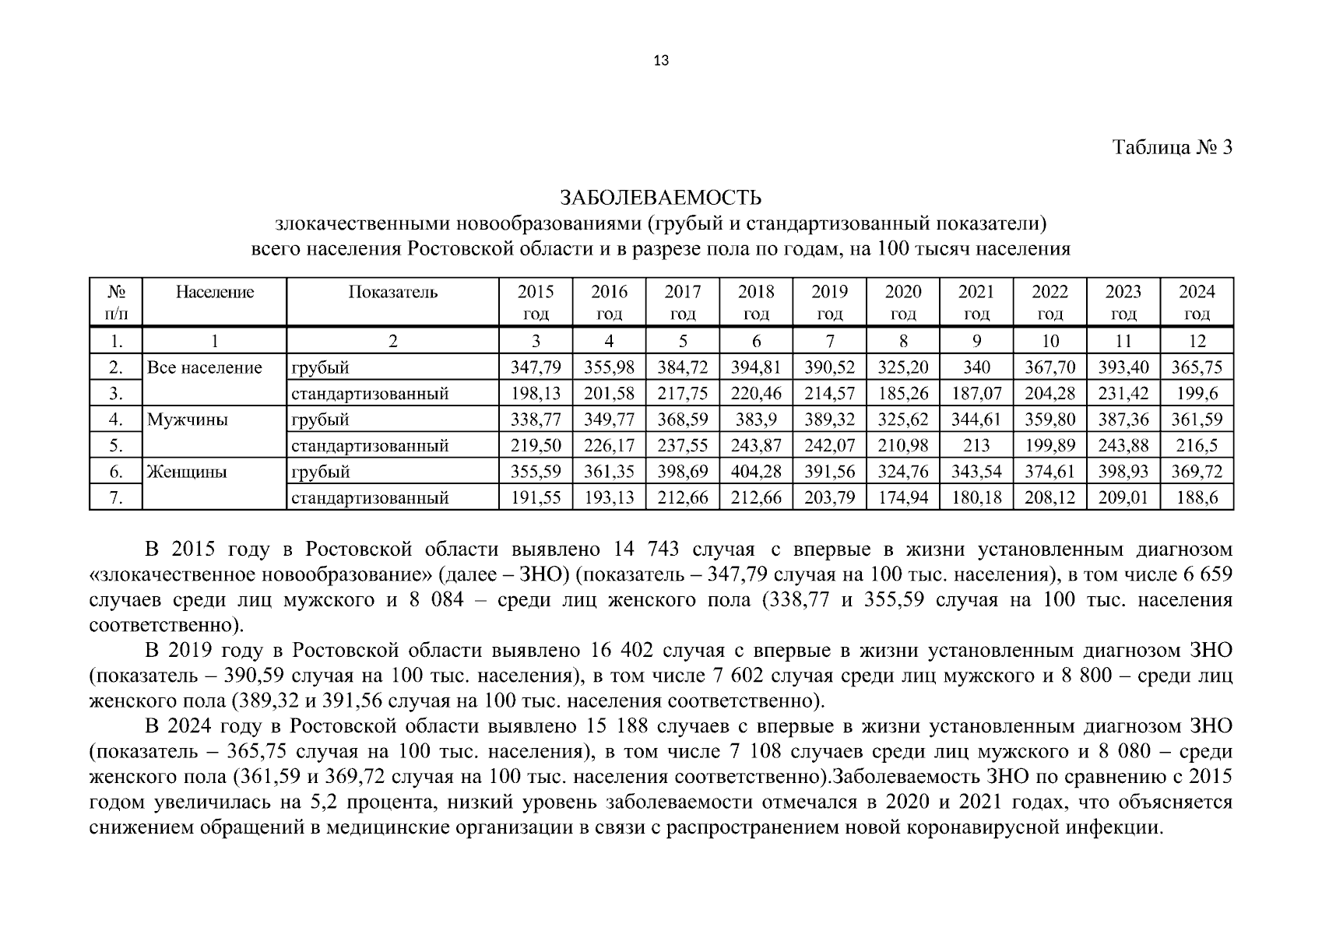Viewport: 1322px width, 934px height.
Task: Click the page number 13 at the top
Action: [661, 61]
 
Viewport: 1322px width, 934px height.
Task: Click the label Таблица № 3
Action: [1173, 147]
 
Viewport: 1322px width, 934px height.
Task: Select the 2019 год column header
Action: [829, 302]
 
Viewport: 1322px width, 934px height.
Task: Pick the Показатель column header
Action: [392, 293]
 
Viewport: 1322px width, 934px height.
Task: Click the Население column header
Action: [214, 293]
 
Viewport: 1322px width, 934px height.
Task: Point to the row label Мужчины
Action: [188, 420]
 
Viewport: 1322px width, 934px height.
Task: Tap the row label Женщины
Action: [187, 472]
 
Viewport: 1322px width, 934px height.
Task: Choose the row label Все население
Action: [205, 367]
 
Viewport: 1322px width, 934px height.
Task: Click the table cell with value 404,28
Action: [756, 472]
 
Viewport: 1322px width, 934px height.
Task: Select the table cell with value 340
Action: [976, 367]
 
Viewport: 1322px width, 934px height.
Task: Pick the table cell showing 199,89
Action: [1050, 446]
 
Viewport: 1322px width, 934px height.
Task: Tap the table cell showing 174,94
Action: [903, 498]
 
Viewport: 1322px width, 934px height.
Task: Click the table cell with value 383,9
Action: [756, 420]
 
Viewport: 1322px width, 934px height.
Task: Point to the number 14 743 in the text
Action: [645, 550]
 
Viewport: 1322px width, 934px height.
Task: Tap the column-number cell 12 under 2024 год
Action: [1197, 341]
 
